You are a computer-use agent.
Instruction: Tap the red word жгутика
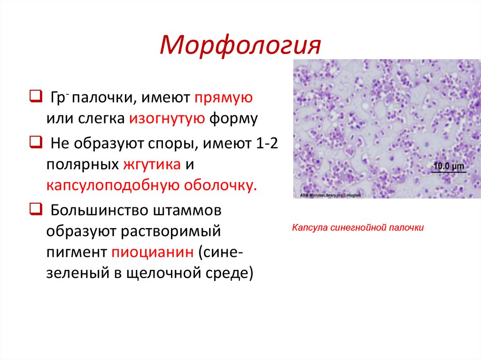(x=152, y=165)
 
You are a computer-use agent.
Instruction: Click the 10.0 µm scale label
(x=448, y=166)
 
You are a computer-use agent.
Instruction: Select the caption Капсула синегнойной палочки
(x=358, y=228)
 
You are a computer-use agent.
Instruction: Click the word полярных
(x=82, y=165)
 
